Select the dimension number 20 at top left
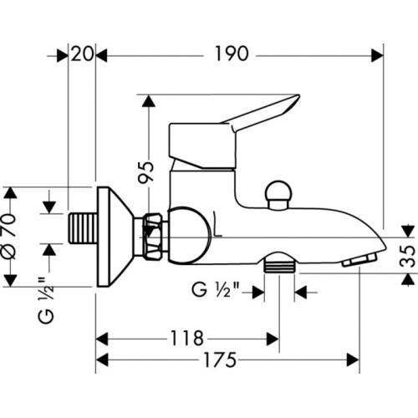[81, 54]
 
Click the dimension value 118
[187, 339]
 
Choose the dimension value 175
[220, 360]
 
